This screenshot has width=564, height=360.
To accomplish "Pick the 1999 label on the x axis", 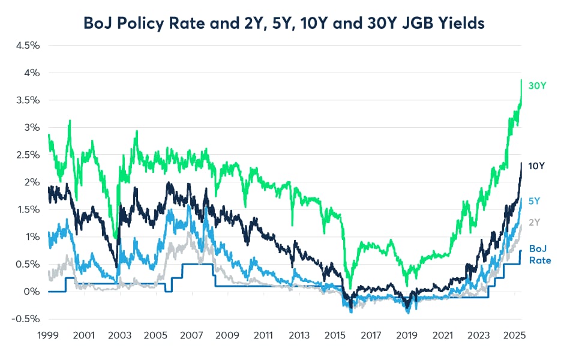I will click(x=49, y=335).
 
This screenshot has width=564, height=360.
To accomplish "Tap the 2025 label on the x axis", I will click(x=514, y=335).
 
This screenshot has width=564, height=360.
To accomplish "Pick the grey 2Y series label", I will click(x=534, y=222).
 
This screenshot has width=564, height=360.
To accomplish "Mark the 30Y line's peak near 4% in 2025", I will click(x=521, y=80).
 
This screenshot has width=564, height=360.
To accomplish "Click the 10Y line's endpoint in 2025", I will click(x=521, y=163).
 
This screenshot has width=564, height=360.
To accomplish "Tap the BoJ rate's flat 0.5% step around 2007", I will click(x=198, y=264).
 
